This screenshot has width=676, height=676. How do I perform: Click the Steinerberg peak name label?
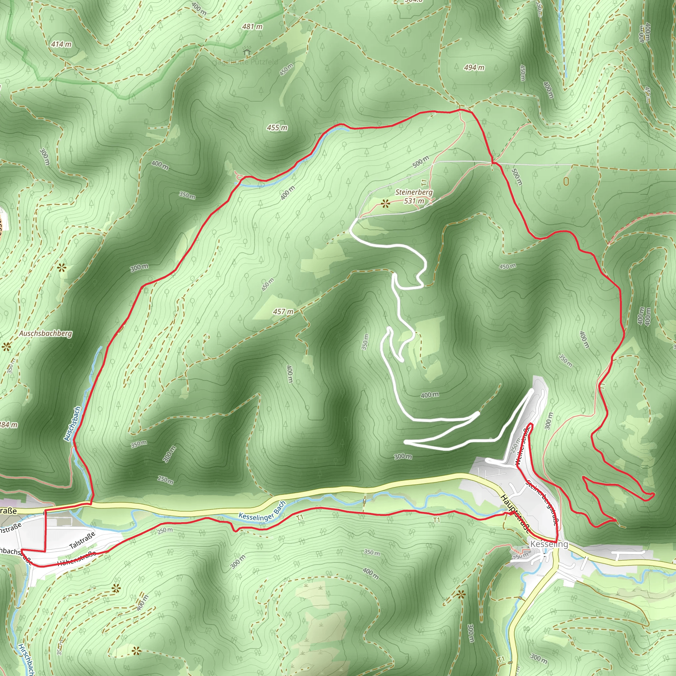tap(414, 192)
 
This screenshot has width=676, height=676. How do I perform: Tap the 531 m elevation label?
tap(414, 201)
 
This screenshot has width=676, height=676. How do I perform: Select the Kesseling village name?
tap(549, 544)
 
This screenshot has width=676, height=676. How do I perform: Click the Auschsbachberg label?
tap(46, 333)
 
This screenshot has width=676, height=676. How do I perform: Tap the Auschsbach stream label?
tap(72, 424)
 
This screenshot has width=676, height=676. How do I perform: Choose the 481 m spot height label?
tap(252, 27)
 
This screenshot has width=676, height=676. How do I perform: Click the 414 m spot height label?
tap(61, 44)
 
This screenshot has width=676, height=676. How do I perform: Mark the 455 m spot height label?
tap(277, 128)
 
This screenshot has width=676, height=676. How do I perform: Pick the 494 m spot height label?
tap(474, 68)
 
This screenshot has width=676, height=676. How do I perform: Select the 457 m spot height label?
tap(283, 311)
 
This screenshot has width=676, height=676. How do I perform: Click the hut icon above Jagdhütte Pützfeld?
tap(247, 51)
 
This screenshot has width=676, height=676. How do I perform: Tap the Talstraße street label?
tap(82, 541)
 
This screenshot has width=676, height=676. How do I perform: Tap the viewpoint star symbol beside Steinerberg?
tap(386, 203)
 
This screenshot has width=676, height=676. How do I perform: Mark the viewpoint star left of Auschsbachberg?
tap(6, 347)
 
